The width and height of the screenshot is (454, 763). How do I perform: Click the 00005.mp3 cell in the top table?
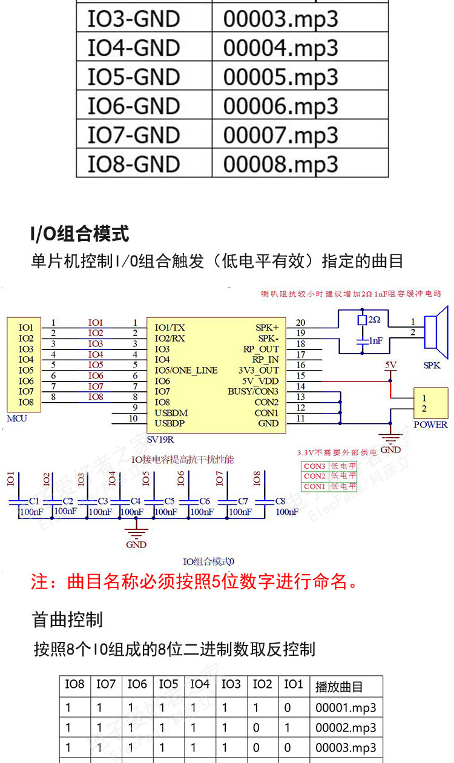(x=280, y=77)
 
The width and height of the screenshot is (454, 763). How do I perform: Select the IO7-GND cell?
(x=134, y=135)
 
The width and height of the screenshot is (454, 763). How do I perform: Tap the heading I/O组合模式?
(x=79, y=233)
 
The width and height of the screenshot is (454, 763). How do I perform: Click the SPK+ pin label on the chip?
(x=267, y=328)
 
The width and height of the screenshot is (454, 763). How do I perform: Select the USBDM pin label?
(x=171, y=413)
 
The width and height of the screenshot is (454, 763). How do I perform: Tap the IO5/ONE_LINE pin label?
(x=186, y=371)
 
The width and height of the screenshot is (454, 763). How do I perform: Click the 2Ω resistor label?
(x=374, y=319)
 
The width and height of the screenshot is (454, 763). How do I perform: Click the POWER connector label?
(x=430, y=424)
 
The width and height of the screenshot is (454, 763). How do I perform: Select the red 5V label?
(x=390, y=365)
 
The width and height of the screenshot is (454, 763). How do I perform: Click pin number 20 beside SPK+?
(x=300, y=323)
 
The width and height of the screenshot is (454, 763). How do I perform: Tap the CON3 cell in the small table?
(x=314, y=466)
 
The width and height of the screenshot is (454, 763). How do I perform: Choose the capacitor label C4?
(x=135, y=501)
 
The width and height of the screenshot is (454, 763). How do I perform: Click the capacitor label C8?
(x=280, y=501)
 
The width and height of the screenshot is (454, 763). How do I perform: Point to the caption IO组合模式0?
(x=209, y=561)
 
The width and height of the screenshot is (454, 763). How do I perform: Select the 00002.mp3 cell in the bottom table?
(x=346, y=727)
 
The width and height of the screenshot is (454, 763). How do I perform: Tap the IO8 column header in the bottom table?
(x=74, y=684)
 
